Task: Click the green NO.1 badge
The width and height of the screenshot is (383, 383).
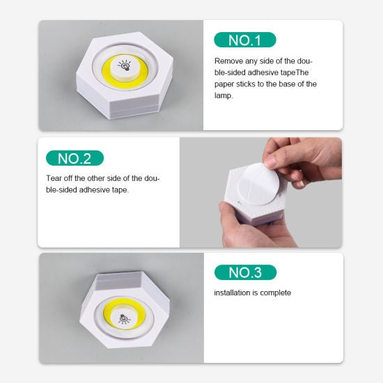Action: (244, 40)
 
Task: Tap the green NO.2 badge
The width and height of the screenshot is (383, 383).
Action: (75, 158)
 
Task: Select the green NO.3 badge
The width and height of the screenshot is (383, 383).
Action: (245, 272)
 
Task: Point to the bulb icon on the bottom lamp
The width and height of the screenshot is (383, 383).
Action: (123, 319)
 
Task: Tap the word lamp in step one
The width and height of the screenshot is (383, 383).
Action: (224, 95)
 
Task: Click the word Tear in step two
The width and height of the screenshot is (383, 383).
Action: (55, 178)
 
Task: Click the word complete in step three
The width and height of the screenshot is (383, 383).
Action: (276, 293)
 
